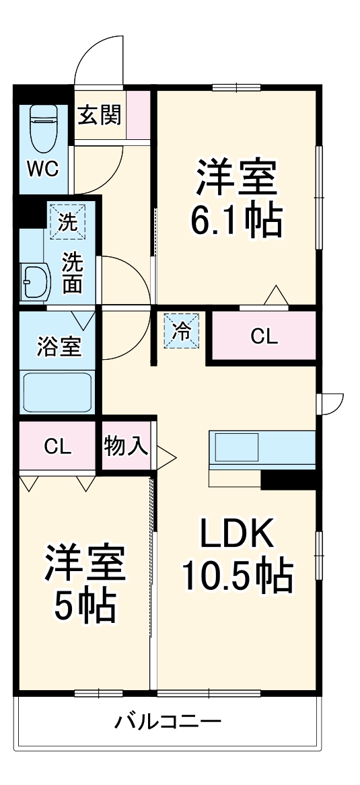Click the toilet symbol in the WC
coord(44,130)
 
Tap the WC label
coord(42,168)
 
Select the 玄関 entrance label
coord(100,115)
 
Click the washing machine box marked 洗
coord(67,221)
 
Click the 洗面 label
coord(72,272)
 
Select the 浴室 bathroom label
coord(58,346)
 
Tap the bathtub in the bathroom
coord(57,393)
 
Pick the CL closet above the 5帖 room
coord(57,447)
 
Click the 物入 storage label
coord(126,446)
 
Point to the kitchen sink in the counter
coord(236,447)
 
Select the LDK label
coord(236,535)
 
